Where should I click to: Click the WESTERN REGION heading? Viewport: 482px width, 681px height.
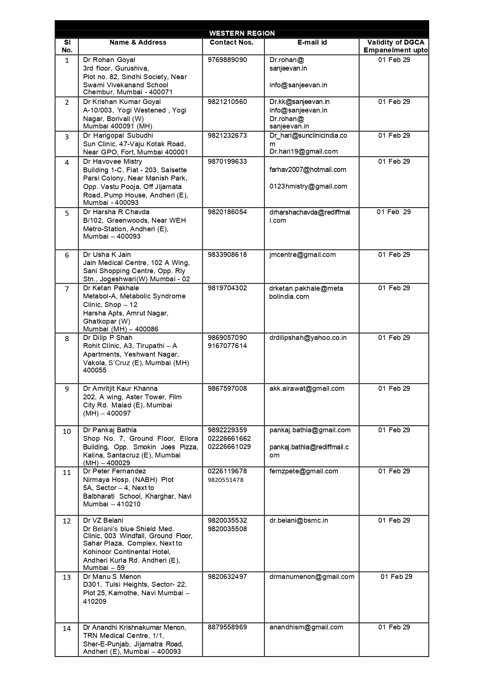pyautogui.click(x=242, y=33)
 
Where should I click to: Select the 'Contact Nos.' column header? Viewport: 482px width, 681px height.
pyautogui.click(x=231, y=42)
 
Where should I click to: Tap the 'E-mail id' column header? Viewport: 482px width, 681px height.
pyautogui.click(x=312, y=42)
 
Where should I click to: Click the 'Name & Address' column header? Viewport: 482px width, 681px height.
pyautogui.click(x=138, y=42)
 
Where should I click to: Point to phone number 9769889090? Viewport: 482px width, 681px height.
pyautogui.click(x=227, y=60)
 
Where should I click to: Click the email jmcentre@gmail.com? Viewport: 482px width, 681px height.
pyautogui.click(x=303, y=255)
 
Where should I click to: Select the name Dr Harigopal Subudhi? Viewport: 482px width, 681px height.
pyautogui.click(x=118, y=135)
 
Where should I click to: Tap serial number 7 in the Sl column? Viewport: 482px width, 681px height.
pyautogui.click(x=67, y=289)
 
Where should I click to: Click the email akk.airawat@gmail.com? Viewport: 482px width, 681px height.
pyautogui.click(x=307, y=388)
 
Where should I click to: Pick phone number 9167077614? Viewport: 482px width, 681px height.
pyautogui.click(x=227, y=346)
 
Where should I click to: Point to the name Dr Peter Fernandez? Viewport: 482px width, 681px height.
pyautogui.click(x=115, y=471)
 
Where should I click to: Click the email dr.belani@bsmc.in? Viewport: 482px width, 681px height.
pyautogui.click(x=299, y=520)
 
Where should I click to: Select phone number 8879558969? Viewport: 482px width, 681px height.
pyautogui.click(x=227, y=627)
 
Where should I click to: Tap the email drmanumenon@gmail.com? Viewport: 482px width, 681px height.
pyautogui.click(x=312, y=577)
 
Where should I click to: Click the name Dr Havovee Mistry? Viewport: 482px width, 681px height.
pyautogui.click(x=113, y=161)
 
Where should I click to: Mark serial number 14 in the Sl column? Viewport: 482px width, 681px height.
pyautogui.click(x=67, y=628)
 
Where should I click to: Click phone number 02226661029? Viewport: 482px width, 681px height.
pyautogui.click(x=229, y=447)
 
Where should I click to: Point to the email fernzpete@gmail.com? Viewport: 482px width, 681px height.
pyautogui.click(x=304, y=471)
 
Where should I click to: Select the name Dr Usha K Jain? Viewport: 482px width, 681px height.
pyautogui.click(x=107, y=255)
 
